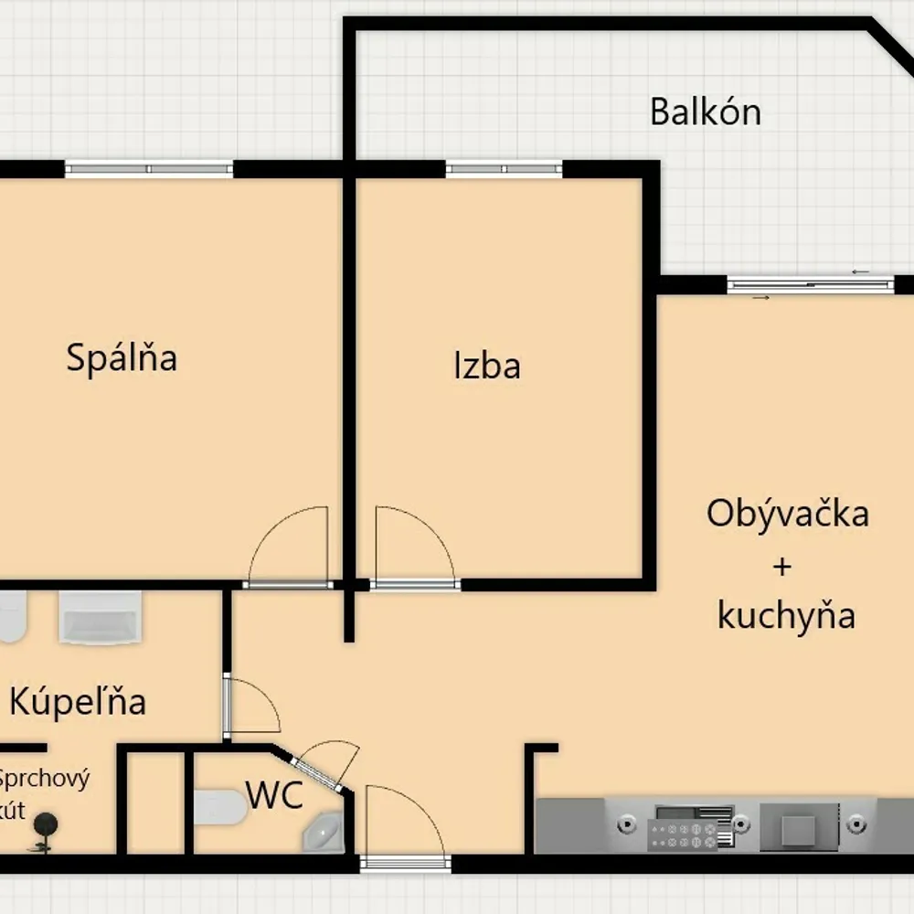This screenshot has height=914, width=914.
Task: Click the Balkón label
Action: coord(706,112)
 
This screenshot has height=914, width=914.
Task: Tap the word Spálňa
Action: coord(122,356)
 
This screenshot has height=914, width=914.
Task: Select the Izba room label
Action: coord(487,366)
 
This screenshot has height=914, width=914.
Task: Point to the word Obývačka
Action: coord(788,513)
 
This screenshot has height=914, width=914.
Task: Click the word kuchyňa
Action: coord(786,615)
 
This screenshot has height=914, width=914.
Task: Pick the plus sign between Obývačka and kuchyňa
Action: coord(782,566)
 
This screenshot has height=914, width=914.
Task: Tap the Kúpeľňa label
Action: coord(78,701)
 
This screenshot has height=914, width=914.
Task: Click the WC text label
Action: coord(274,794)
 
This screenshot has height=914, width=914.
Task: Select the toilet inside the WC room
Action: coord(220,807)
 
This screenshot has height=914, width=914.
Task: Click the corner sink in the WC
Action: coord(324,833)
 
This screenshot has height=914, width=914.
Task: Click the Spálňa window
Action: coord(149,169)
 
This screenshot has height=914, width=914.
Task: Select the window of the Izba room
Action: coord(505,169)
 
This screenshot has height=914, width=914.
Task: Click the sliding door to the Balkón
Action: coord(811,285)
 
